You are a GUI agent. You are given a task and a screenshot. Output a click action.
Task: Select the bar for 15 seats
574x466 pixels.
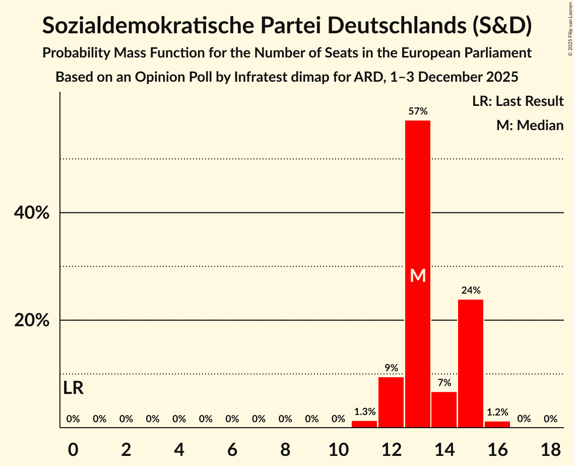(x=471, y=363)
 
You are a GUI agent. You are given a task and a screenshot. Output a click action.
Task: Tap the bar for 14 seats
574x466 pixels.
(x=444, y=410)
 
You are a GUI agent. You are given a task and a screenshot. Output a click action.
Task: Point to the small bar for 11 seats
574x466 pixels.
(x=364, y=424)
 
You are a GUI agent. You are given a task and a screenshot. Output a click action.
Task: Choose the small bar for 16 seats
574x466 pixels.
(x=497, y=424)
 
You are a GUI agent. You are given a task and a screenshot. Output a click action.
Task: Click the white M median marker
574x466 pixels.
(x=418, y=275)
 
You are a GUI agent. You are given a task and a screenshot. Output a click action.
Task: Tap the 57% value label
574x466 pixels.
(x=418, y=111)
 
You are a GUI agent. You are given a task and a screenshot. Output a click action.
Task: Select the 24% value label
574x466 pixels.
(x=471, y=290)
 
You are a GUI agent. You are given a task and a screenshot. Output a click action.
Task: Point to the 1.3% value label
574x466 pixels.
(x=364, y=412)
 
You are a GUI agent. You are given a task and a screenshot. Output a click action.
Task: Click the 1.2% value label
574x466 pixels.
(x=497, y=413)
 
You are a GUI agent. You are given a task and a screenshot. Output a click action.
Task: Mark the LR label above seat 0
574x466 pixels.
(x=74, y=388)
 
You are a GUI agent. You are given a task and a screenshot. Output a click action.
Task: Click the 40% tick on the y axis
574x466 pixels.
(x=32, y=213)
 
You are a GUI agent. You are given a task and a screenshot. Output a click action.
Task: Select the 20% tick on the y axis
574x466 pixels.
(x=32, y=321)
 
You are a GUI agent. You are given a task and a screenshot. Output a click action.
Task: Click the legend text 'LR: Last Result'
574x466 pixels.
(x=518, y=101)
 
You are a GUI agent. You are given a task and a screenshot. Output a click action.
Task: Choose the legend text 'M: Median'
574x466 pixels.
(x=530, y=125)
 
